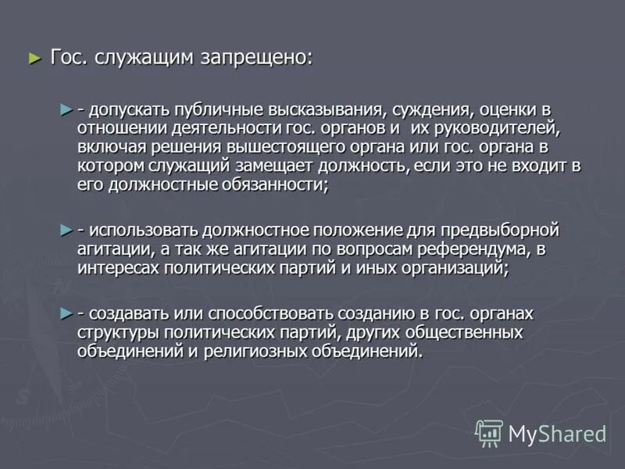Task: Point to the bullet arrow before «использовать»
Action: coord(66,230)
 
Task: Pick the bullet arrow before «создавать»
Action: coord(66,313)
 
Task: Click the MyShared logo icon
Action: coord(489,432)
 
